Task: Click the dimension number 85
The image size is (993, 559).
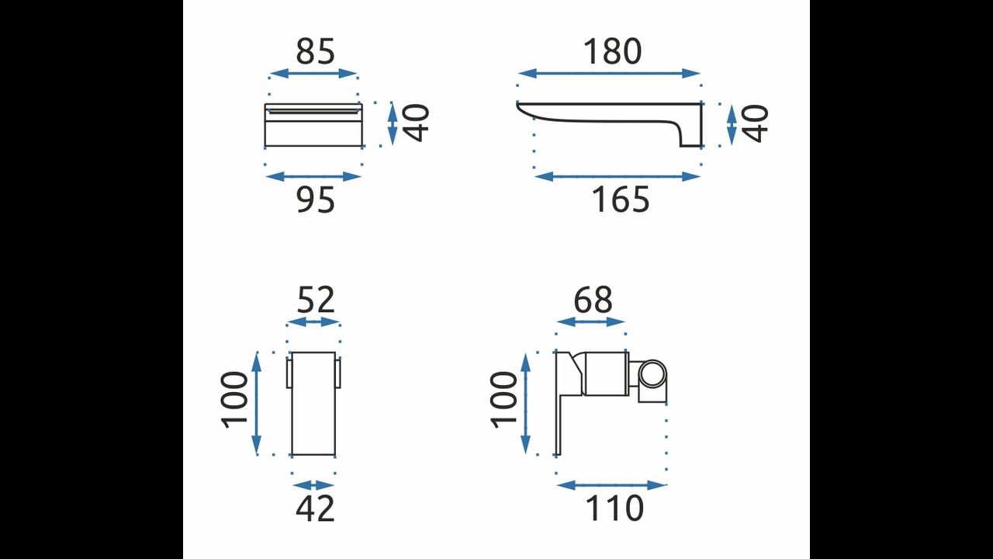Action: pyautogui.click(x=315, y=51)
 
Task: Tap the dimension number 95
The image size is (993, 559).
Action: pyautogui.click(x=315, y=200)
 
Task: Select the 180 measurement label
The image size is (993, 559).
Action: pyautogui.click(x=612, y=51)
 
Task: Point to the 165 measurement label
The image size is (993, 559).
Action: pyautogui.click(x=620, y=200)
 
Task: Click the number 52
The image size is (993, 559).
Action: pyautogui.click(x=315, y=300)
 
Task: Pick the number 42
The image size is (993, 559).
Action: pyautogui.click(x=315, y=509)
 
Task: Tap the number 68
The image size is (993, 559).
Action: pyautogui.click(x=593, y=300)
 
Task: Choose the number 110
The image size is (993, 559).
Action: pyautogui.click(x=614, y=509)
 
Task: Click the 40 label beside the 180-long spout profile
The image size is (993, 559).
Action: pyautogui.click(x=755, y=123)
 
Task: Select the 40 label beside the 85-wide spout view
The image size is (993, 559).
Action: pyautogui.click(x=417, y=123)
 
